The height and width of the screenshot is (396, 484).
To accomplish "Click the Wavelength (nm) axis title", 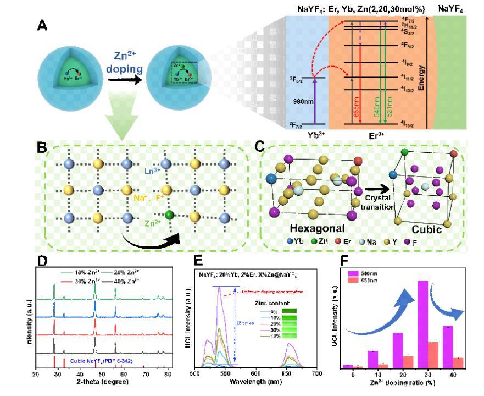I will coord(256,381).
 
